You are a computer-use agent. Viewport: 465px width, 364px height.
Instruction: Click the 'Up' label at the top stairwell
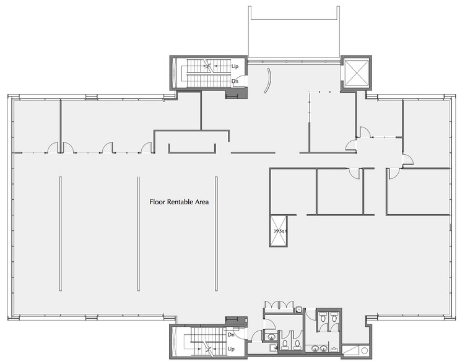(x=235, y=66)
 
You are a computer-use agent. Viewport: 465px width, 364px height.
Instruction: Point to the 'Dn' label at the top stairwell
(x=235, y=81)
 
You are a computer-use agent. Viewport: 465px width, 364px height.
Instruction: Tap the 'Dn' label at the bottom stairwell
(x=230, y=335)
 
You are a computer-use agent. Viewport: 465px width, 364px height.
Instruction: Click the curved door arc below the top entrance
(x=267, y=81)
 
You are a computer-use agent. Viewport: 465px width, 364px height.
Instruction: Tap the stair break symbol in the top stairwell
(x=211, y=65)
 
